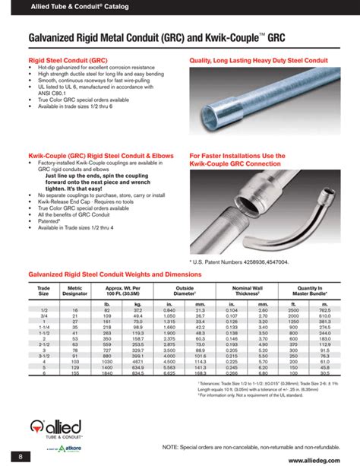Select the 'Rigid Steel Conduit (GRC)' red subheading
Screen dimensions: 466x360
[x=64, y=59]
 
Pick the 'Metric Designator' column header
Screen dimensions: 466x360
[x=74, y=290]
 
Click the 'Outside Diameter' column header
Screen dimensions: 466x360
[x=185, y=290]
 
